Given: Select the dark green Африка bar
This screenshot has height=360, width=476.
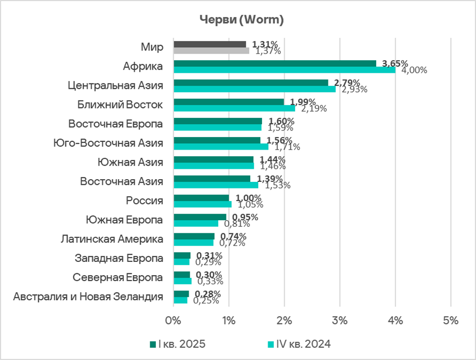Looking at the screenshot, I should (274, 64).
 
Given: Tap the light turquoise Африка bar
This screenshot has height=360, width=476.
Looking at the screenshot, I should (284, 70).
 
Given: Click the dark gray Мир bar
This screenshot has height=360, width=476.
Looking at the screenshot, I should (209, 44).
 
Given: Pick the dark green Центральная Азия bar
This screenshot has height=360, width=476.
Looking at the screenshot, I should (251, 83).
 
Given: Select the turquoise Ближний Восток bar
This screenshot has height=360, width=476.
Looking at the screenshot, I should (234, 108).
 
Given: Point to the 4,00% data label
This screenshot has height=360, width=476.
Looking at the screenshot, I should (414, 70).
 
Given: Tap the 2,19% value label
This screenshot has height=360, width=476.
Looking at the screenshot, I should (313, 108).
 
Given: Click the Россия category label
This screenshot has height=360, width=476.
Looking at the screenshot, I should (145, 201).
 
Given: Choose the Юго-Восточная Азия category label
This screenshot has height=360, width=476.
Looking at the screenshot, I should (109, 143).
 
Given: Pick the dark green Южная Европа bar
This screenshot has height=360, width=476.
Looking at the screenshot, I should (200, 217).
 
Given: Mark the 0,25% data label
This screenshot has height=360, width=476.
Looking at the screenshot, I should (207, 300).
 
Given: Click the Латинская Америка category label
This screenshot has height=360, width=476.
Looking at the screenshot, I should (112, 239).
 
